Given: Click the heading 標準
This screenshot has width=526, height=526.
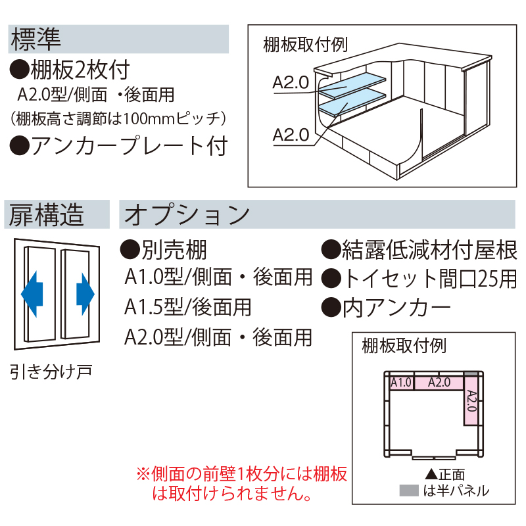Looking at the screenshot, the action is (36, 39).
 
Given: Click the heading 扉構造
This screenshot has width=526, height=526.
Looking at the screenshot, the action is (46, 215).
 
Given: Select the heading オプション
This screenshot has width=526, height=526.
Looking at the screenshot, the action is (187, 215).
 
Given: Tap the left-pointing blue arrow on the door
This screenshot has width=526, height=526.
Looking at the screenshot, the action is (32, 294).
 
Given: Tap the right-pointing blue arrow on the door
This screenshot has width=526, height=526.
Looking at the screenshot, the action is (85, 294).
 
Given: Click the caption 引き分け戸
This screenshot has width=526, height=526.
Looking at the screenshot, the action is (51, 371).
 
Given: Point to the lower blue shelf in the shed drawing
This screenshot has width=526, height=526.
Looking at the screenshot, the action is (352, 103).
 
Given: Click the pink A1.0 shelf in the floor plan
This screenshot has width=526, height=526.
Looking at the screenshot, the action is (402, 383).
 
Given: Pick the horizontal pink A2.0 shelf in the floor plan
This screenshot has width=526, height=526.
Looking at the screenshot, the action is (439, 383).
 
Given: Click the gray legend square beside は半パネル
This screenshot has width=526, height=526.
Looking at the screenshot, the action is (408, 490).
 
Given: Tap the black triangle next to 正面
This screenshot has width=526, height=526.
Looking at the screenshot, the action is (431, 474).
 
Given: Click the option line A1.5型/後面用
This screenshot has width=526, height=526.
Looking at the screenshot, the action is (187, 307).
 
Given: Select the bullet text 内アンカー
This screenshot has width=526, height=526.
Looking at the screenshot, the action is (396, 308).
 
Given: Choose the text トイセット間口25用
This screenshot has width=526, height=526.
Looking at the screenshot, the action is (430, 279).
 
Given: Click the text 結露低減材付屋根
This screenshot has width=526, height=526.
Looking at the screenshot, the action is (429, 251).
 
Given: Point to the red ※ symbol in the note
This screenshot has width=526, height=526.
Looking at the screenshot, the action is (144, 474).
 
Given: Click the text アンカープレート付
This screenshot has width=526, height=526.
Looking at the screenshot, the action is (130, 147).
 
